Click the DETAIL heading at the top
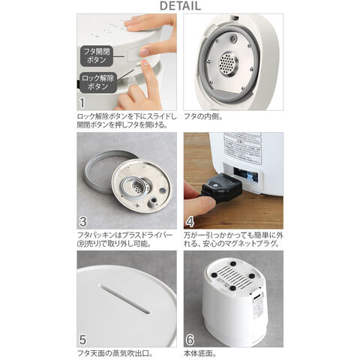tap(179, 7)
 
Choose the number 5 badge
tap(84, 338)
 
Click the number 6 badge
tap(190, 338)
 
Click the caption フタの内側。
tap(205, 117)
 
